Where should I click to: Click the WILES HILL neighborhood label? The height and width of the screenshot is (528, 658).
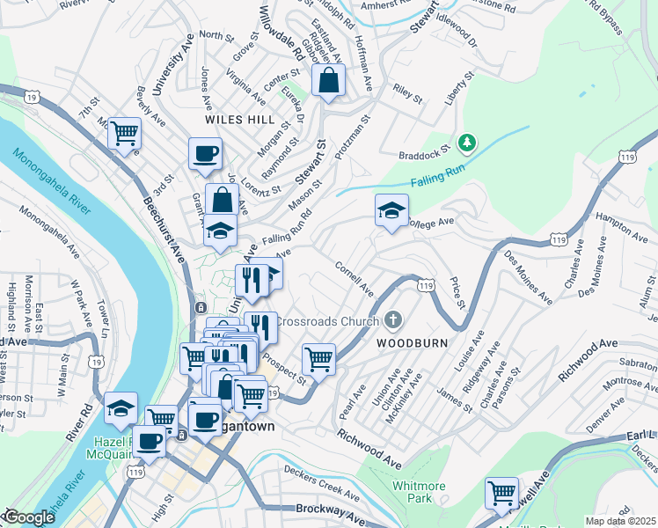click(239, 118)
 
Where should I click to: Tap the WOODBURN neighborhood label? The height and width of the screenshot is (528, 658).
click(413, 342)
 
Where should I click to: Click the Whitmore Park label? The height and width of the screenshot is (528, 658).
click(413, 490)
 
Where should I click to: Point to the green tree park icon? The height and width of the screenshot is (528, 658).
click(467, 142)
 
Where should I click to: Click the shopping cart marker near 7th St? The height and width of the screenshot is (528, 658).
click(124, 134)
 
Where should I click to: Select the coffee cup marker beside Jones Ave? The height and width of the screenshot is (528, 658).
click(205, 154)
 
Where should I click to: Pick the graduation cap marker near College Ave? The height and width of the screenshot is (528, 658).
click(391, 210)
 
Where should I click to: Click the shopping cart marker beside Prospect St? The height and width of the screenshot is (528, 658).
click(318, 358)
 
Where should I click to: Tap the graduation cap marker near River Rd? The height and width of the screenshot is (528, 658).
click(121, 407)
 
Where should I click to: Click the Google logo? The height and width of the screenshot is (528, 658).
click(30, 517)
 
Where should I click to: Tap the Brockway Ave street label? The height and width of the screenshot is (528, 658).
click(330, 513)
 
